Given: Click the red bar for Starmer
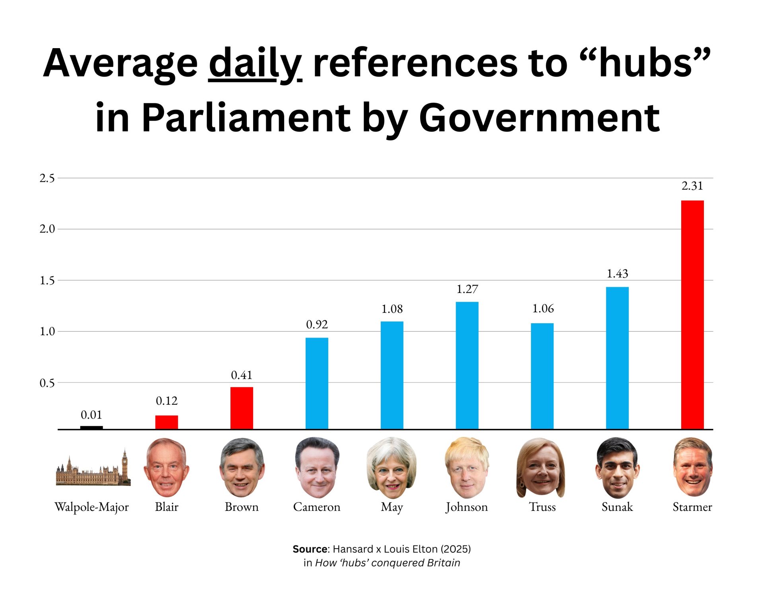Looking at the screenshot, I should [692, 314].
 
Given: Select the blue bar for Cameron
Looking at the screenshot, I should [317, 383].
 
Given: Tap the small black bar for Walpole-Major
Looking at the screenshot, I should [92, 427].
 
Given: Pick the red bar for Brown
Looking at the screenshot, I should [242, 408].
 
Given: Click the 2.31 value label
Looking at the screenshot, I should [692, 186].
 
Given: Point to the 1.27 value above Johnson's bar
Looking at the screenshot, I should [467, 289].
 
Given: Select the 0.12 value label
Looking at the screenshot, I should [166, 401].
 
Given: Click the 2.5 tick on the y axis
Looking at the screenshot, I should [47, 178].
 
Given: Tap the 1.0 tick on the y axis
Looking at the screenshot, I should [47, 331].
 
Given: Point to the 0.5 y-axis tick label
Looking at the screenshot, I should [47, 383].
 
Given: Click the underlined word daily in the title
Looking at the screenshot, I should [255, 64].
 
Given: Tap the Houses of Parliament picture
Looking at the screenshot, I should [92, 471].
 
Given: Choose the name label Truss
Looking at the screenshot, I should [542, 507].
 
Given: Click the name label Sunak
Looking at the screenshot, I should [617, 507].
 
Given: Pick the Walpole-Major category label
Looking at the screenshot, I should [92, 507].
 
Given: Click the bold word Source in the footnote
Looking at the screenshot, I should [310, 549].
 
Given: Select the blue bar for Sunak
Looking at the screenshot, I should [617, 358].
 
